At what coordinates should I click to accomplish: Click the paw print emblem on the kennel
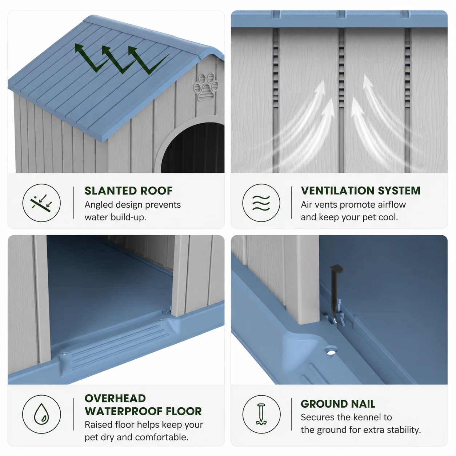click(x=206, y=87)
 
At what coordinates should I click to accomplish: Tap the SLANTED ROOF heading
click(x=129, y=191)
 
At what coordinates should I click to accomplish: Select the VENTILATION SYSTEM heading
click(x=360, y=191)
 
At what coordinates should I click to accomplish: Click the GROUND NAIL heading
click(x=338, y=404)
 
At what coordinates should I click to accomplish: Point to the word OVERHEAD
click(x=115, y=398)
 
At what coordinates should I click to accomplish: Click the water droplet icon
click(x=41, y=414)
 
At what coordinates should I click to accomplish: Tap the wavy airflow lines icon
click(x=261, y=203)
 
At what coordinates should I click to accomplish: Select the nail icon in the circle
click(x=261, y=414)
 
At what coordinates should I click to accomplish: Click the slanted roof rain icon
click(x=41, y=203)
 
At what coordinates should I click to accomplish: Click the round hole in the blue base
click(x=331, y=352)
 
